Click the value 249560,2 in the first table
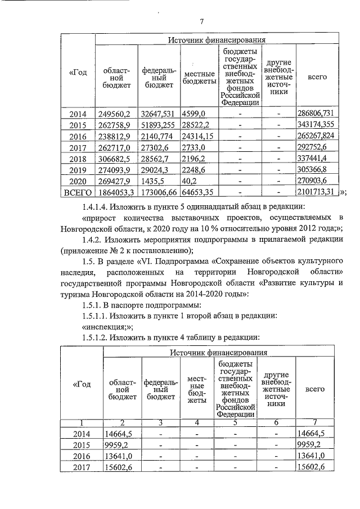114,114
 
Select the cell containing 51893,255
159,125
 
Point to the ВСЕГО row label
78,192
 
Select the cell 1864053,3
116,192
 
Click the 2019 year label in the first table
78,170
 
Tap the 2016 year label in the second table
82,456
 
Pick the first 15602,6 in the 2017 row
118,467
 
